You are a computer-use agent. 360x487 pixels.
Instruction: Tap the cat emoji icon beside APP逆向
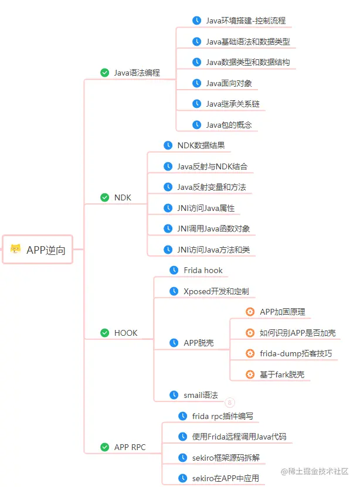coord(16,250)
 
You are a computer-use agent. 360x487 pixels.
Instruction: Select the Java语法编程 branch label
coord(137,73)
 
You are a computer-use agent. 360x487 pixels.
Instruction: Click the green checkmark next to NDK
coord(105,197)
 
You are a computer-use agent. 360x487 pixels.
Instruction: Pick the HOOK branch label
coord(125,333)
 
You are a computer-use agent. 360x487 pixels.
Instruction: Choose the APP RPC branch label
coord(130,447)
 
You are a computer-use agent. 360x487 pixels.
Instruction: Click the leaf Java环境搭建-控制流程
coord(246,21)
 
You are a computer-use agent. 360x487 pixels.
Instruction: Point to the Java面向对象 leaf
coord(229,83)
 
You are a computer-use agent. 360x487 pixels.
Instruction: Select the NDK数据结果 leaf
coord(201,145)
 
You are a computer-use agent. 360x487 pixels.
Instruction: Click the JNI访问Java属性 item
coord(206,208)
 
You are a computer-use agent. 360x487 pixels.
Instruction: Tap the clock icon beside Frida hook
coord(174,270)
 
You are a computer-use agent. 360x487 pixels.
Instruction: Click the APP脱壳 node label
coord(198,343)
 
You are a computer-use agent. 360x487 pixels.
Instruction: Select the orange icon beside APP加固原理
coord(250,312)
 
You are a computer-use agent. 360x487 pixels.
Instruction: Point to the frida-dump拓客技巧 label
coord(296,353)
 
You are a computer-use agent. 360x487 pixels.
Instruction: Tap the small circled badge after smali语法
coord(230,403)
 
